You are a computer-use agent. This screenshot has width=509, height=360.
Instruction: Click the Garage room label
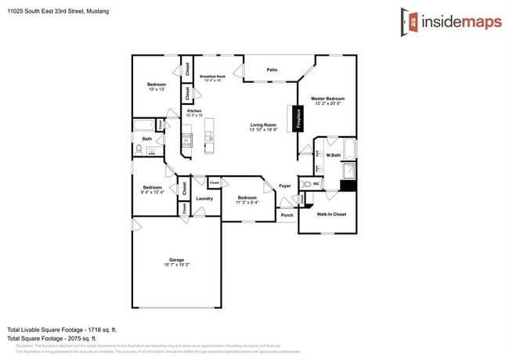point(176,260)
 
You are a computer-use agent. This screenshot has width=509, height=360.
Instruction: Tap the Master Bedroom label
point(328,99)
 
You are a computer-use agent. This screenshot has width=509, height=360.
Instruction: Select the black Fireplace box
point(298,118)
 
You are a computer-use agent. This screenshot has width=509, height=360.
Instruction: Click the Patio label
point(272,70)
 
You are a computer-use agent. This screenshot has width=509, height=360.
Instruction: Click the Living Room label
point(263,125)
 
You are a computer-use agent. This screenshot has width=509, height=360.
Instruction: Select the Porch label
point(287,215)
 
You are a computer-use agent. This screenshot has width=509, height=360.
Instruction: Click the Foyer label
point(285,185)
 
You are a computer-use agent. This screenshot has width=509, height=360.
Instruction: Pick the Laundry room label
point(204,198)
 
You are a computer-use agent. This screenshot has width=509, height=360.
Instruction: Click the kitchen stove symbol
point(188,140)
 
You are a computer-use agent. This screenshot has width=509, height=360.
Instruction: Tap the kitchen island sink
point(208,138)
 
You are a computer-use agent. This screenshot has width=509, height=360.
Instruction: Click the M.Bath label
point(333,156)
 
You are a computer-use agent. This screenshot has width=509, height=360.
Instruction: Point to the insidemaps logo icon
point(409,21)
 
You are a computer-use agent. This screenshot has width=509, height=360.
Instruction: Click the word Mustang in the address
point(98,12)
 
